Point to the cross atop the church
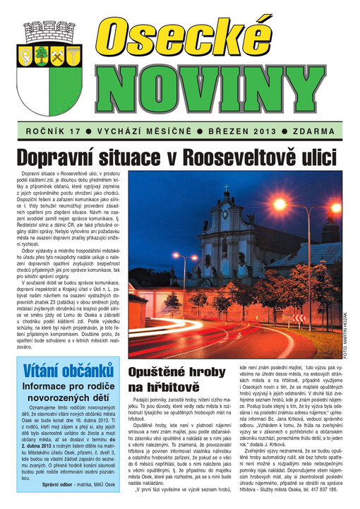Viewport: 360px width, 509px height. click(x=226, y=188)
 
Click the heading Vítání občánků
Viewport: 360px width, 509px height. click(x=68, y=371)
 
